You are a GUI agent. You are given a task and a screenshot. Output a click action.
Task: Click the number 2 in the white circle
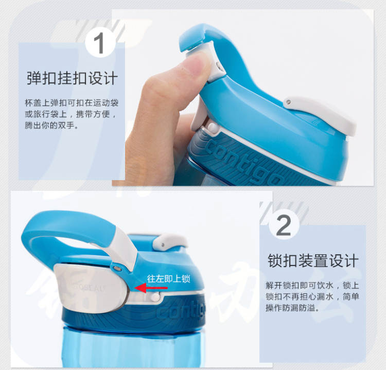point(284,225)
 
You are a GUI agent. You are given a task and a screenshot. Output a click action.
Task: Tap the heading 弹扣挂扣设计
point(72,78)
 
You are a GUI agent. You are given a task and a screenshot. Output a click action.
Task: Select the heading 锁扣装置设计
point(312,261)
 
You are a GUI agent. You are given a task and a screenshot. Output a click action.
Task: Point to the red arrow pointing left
point(151,288)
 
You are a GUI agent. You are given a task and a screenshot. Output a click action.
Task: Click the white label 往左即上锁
point(169,278)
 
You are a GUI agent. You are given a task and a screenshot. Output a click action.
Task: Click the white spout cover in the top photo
point(320,114)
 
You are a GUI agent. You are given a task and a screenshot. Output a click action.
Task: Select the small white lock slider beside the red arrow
point(155,296)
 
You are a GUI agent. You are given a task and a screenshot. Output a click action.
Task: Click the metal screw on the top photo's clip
point(218,65)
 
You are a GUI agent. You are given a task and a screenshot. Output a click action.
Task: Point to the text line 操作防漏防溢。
point(292,307)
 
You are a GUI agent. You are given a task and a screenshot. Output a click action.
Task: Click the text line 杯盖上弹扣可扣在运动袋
point(72,102)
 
